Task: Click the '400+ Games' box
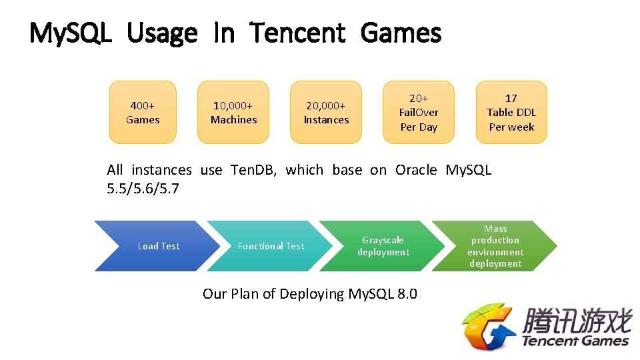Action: [x=143, y=113]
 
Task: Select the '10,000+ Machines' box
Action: [x=233, y=113]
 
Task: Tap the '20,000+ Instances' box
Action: [x=326, y=113]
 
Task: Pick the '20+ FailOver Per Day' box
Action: [x=419, y=113]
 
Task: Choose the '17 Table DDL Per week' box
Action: [x=511, y=113]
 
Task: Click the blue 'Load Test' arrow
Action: [x=157, y=246]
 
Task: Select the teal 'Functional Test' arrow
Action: [x=270, y=246]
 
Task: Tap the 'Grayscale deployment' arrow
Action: [x=383, y=246]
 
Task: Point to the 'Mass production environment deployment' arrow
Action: [x=495, y=246]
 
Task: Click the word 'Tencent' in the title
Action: [x=298, y=33]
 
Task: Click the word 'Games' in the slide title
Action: [x=401, y=33]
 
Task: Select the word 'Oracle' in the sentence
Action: [x=416, y=170]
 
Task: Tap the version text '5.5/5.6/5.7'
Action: [x=143, y=189]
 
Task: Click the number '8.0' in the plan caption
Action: [x=406, y=294]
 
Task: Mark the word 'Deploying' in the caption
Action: [x=313, y=294]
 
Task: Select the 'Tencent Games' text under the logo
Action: [x=575, y=341]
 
